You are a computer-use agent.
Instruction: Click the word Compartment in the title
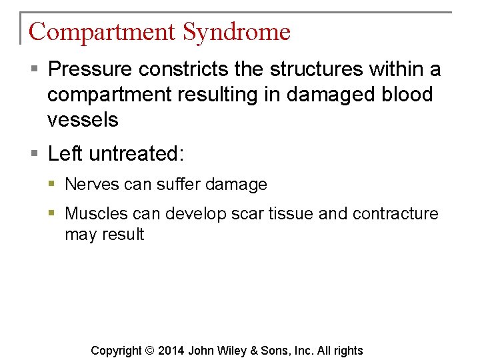coord(102,31)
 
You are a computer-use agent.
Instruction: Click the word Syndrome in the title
coord(236,31)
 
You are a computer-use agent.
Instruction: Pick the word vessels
coord(83,120)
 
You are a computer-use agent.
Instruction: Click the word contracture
coord(395,214)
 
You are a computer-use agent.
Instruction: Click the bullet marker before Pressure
coord(35,69)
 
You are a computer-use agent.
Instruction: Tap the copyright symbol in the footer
coord(150,351)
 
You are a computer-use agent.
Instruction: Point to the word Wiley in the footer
coord(233,351)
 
